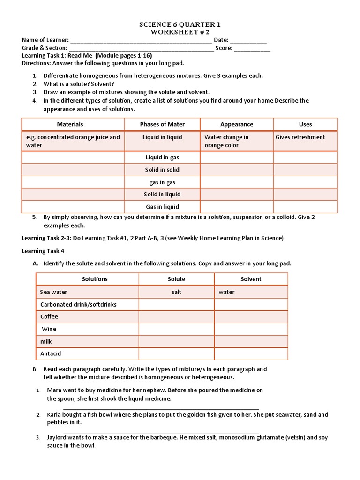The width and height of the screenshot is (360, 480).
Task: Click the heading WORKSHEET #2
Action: click(180, 32)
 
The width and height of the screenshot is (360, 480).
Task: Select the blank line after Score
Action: click(252, 48)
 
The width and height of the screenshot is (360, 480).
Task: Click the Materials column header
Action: click(70, 124)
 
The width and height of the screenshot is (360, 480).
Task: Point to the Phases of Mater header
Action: click(162, 124)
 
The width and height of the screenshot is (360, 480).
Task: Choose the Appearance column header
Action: click(237, 124)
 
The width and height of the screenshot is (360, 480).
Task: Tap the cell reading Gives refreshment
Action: click(300, 137)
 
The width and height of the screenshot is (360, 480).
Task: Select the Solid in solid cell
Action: click(162, 170)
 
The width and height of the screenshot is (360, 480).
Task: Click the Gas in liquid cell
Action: click(162, 207)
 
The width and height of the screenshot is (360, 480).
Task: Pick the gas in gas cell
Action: click(162, 182)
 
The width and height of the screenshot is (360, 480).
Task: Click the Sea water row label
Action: click(54, 292)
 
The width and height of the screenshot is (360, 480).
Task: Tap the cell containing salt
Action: click(176, 292)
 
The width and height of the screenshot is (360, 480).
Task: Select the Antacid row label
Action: click(51, 353)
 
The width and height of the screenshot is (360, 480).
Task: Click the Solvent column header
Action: click(251, 279)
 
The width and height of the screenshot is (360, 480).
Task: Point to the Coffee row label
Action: click(49, 316)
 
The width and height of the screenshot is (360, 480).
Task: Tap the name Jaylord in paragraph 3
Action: click(57, 437)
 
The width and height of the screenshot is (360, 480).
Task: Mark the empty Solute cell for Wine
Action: click(176, 329)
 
